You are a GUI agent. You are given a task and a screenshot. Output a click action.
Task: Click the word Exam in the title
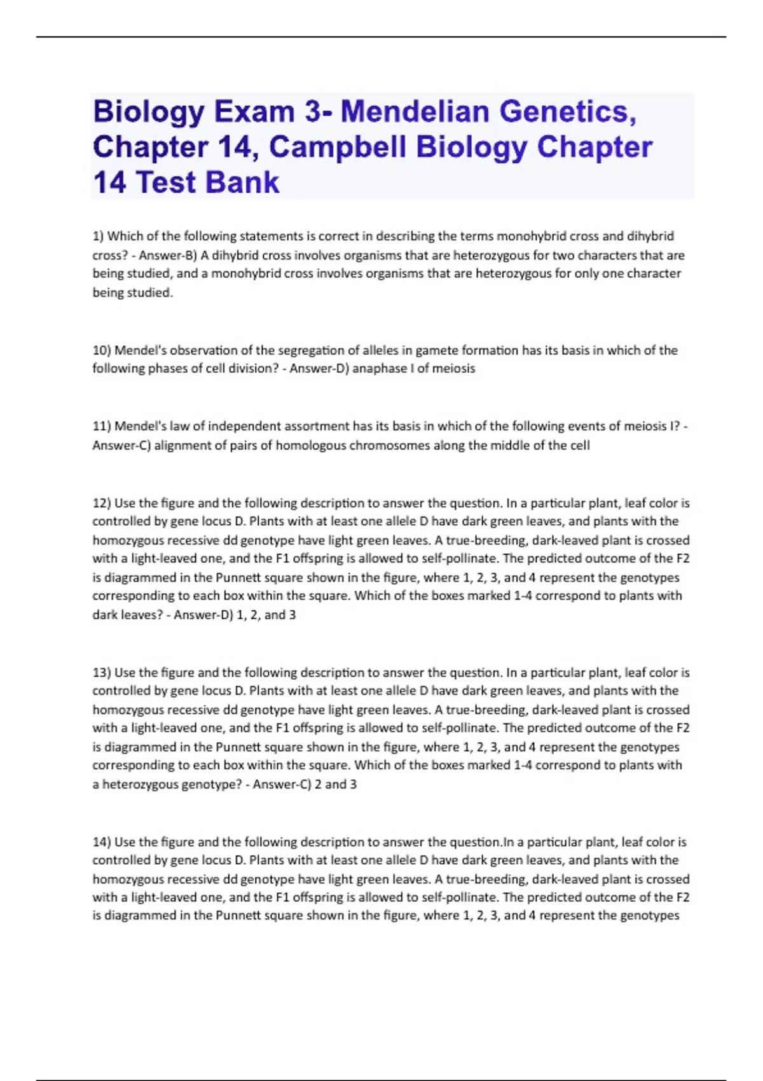click(254, 112)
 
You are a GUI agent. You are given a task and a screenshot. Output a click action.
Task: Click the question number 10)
click(102, 350)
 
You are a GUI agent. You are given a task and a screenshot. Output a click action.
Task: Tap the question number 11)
click(102, 426)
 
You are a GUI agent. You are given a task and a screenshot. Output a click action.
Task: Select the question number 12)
click(102, 503)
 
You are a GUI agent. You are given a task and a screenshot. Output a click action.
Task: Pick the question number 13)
click(102, 673)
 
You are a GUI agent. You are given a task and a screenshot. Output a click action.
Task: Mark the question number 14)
click(102, 842)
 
